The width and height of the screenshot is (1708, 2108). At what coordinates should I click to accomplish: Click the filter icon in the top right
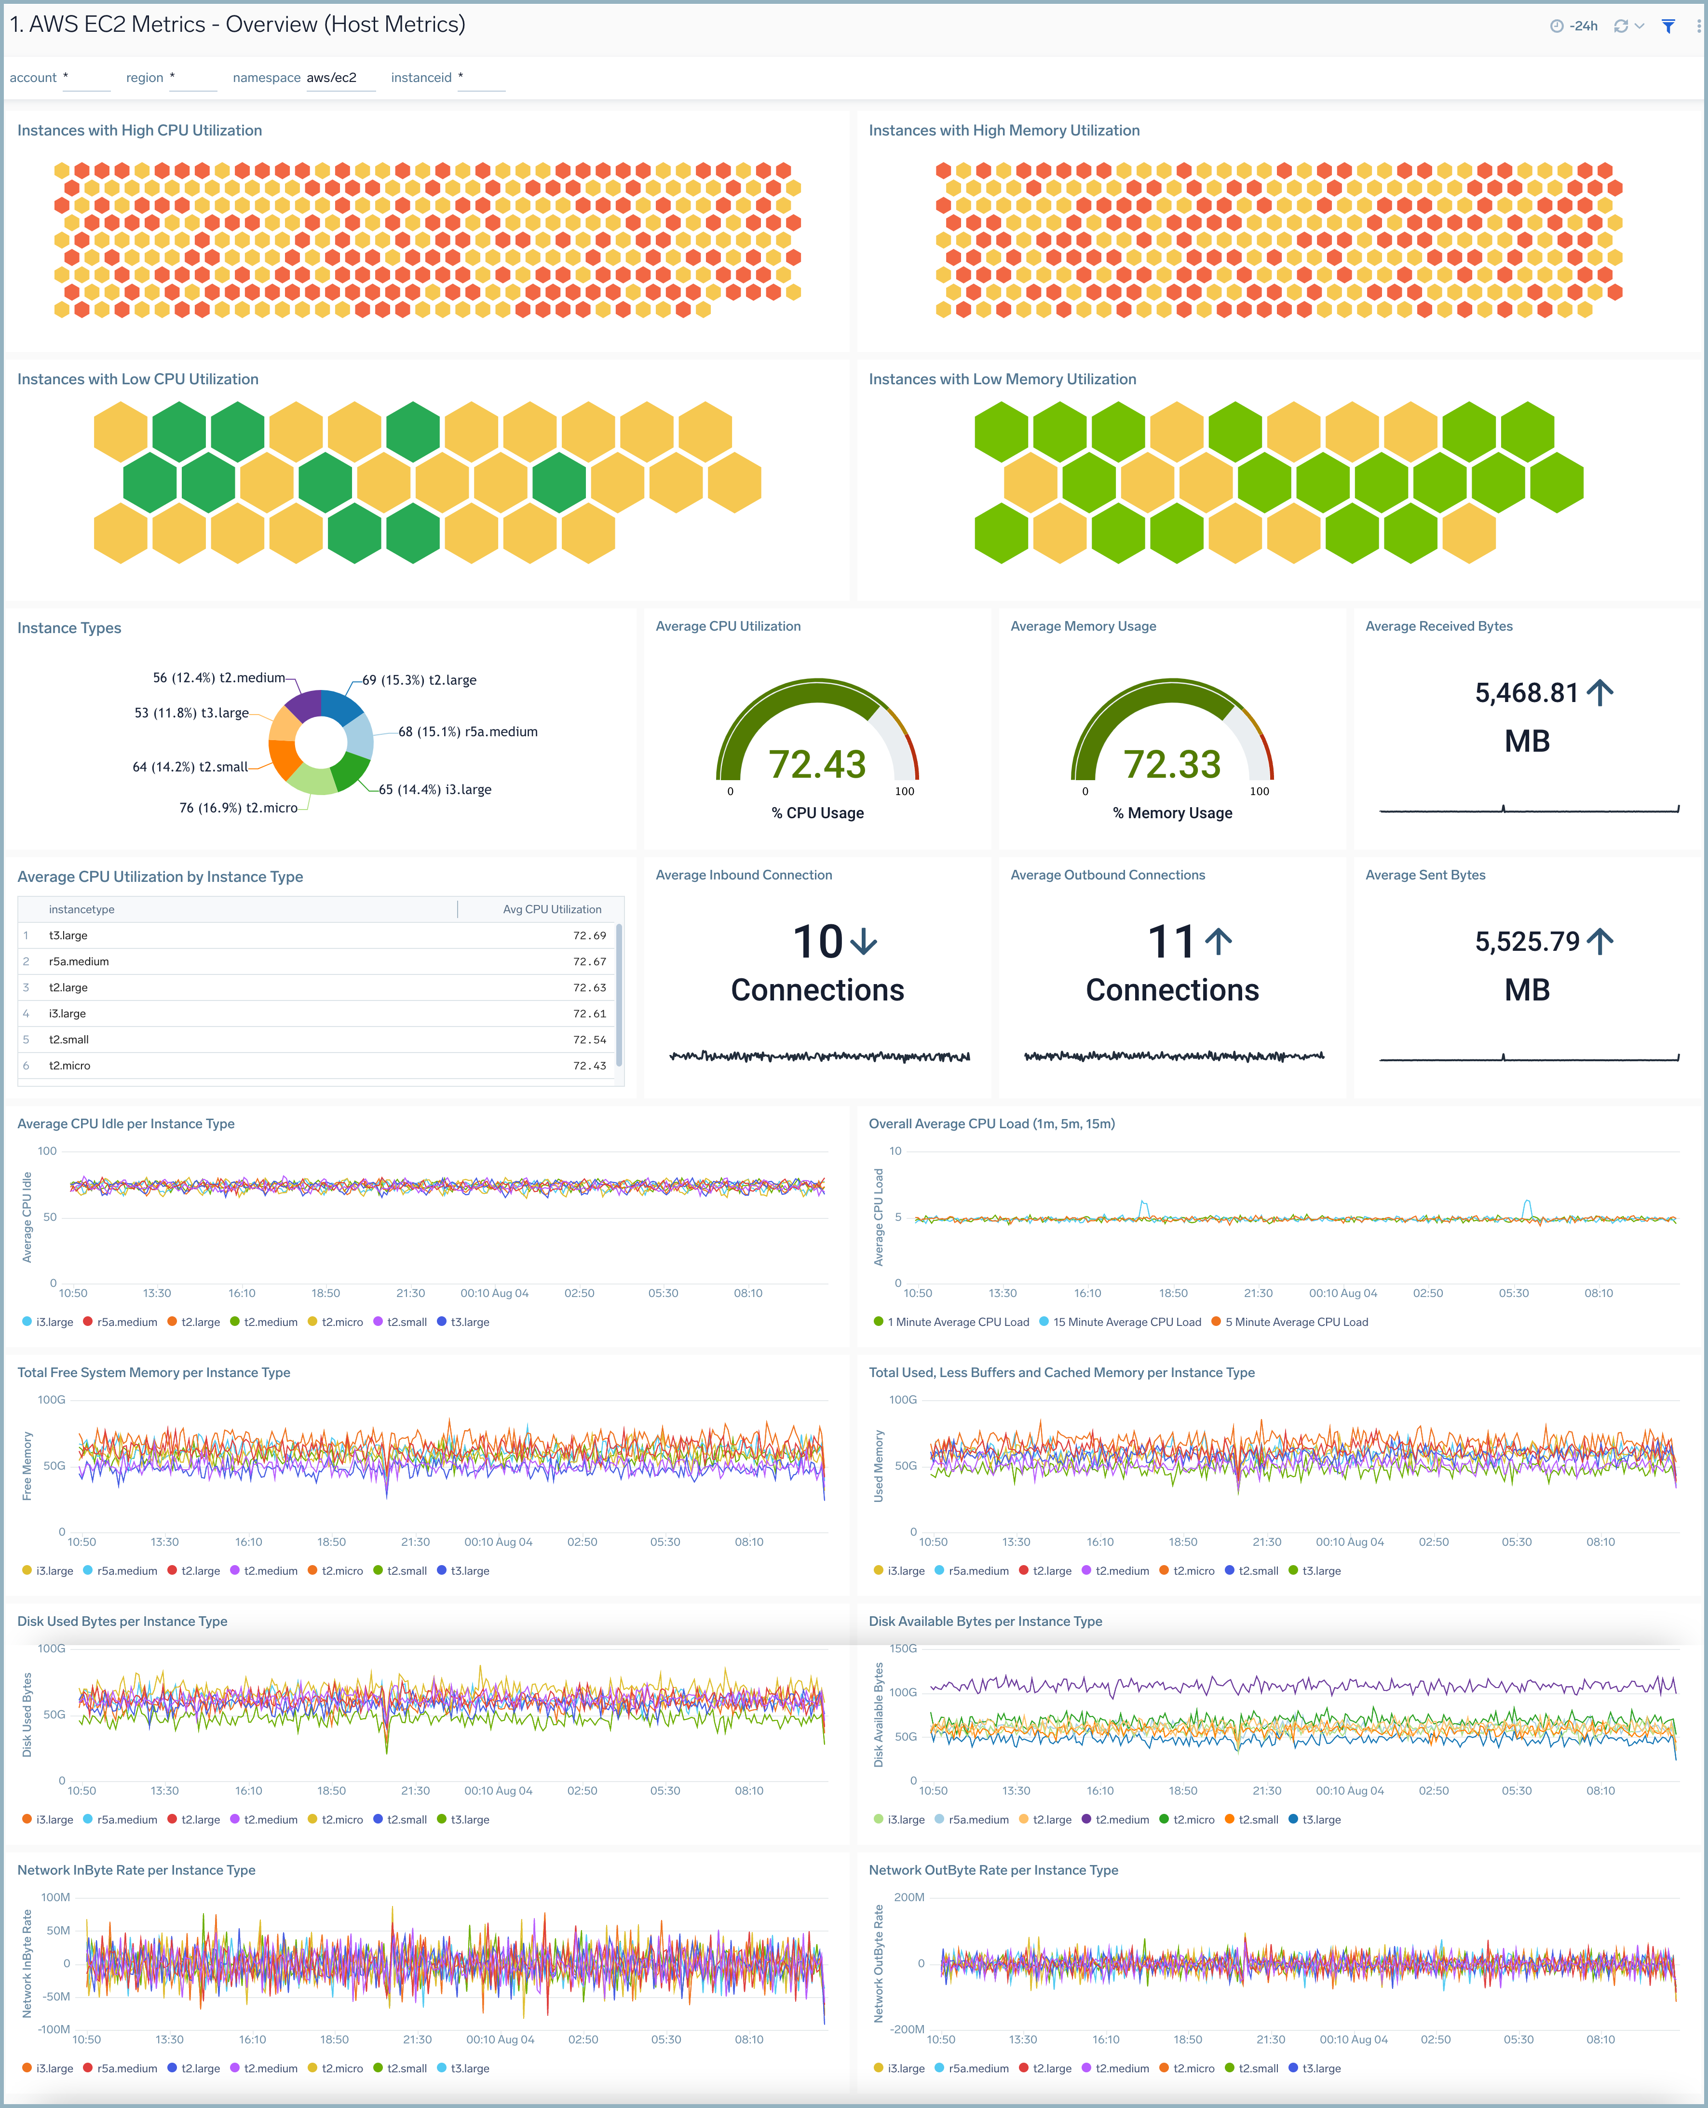click(x=1667, y=27)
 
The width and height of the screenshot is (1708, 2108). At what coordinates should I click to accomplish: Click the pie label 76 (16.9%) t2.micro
click(x=238, y=808)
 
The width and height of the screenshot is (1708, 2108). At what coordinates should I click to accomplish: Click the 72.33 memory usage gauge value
click(x=1172, y=764)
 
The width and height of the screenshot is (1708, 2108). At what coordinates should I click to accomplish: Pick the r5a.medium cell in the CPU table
click(x=79, y=961)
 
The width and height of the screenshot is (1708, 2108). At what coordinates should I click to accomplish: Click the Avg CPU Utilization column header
click(x=552, y=909)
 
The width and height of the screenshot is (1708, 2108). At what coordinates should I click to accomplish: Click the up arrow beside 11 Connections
click(x=1218, y=942)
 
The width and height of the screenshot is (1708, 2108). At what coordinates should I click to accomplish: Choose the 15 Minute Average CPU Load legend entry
click(x=1126, y=1322)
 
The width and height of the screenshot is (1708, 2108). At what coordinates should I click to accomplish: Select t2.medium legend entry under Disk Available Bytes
click(x=1122, y=1820)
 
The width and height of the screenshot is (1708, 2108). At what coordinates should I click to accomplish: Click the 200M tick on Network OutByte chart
click(x=908, y=1897)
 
